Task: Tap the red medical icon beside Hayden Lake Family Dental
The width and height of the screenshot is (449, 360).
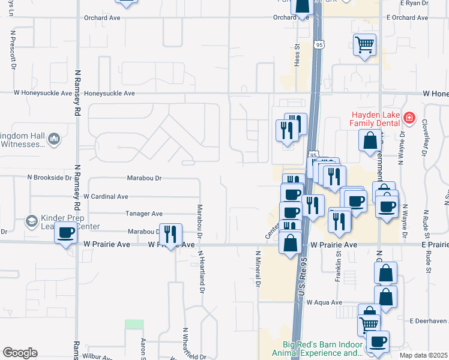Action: point(409,118)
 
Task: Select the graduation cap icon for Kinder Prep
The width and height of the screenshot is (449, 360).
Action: point(30,222)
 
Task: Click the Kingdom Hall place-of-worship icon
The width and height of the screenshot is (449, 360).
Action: point(54,139)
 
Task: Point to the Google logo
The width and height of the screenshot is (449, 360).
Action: point(20,353)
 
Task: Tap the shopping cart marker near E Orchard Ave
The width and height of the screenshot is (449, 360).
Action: point(364,44)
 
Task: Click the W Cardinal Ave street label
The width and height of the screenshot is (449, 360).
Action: point(106,196)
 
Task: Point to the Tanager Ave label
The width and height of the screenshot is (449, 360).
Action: point(144,214)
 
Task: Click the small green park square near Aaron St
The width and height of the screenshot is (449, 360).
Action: point(134,324)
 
